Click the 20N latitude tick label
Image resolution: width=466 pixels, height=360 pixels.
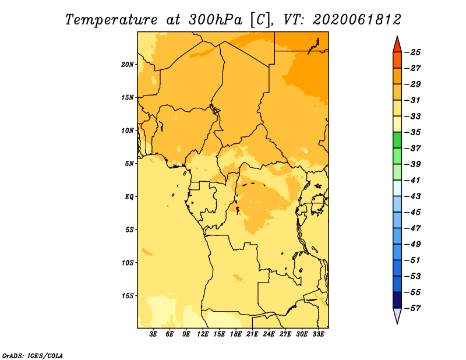(128, 65)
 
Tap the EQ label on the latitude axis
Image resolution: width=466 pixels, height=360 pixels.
(129, 197)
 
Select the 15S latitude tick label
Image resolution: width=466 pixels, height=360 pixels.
(128, 296)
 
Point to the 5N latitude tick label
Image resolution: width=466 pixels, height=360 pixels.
(129, 164)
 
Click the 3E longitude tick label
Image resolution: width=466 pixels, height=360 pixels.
(153, 334)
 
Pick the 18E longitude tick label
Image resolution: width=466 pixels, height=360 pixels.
(236, 334)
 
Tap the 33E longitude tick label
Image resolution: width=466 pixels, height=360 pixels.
(318, 334)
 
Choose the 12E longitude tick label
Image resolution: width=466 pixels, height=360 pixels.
(203, 334)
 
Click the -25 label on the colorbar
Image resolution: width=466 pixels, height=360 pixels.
(413, 52)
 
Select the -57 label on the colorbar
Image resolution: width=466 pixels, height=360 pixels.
(413, 308)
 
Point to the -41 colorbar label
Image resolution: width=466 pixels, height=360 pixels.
(413, 180)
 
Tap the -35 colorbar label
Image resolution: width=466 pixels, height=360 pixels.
(413, 132)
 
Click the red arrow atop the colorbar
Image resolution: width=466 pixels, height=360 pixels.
(397, 45)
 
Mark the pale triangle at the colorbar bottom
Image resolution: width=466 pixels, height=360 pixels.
(397, 315)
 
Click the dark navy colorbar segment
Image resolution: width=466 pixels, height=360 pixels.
(397, 300)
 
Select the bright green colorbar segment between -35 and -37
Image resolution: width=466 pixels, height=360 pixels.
(397, 140)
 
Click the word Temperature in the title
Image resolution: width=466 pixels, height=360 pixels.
(111, 20)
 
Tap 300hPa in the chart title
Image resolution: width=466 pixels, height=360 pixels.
(215, 20)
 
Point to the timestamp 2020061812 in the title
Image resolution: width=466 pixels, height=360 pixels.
(357, 20)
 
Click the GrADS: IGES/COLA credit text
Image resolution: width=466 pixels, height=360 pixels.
(33, 355)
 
